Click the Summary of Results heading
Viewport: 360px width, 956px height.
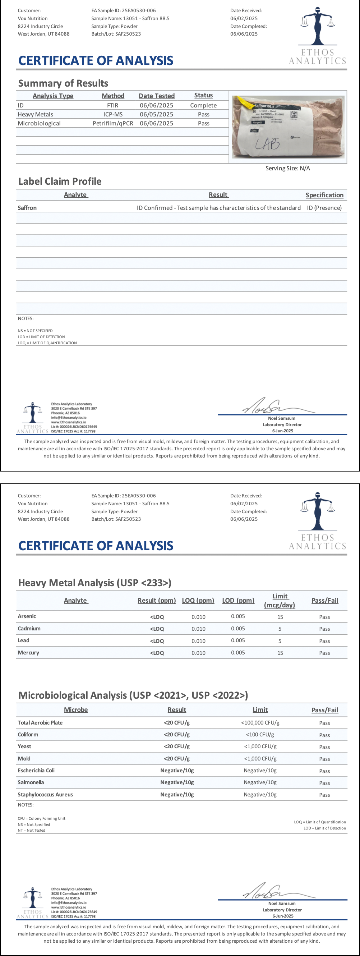(x=63, y=83)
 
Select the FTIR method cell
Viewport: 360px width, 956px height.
(x=113, y=105)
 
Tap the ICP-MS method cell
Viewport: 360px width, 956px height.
(x=113, y=114)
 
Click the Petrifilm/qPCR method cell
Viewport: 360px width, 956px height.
(x=113, y=123)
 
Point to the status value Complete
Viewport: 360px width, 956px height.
(x=203, y=105)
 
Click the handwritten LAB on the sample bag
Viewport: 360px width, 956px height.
(x=267, y=143)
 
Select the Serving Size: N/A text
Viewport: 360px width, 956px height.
(x=288, y=169)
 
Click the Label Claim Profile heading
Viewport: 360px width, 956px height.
(x=60, y=181)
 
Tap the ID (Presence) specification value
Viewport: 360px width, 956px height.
(x=324, y=208)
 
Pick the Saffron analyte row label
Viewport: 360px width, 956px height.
(x=27, y=208)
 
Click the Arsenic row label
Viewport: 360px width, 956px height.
(x=27, y=616)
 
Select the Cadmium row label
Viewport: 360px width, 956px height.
(x=29, y=628)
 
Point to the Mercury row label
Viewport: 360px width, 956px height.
(x=28, y=652)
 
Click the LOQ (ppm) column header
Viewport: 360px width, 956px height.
(x=198, y=601)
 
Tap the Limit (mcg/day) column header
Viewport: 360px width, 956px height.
(x=280, y=601)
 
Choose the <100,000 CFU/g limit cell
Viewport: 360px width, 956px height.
(x=260, y=722)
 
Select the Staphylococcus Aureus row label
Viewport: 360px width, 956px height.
(x=45, y=795)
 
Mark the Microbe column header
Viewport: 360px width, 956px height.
(x=76, y=710)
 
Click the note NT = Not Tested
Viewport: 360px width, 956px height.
(x=32, y=830)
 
